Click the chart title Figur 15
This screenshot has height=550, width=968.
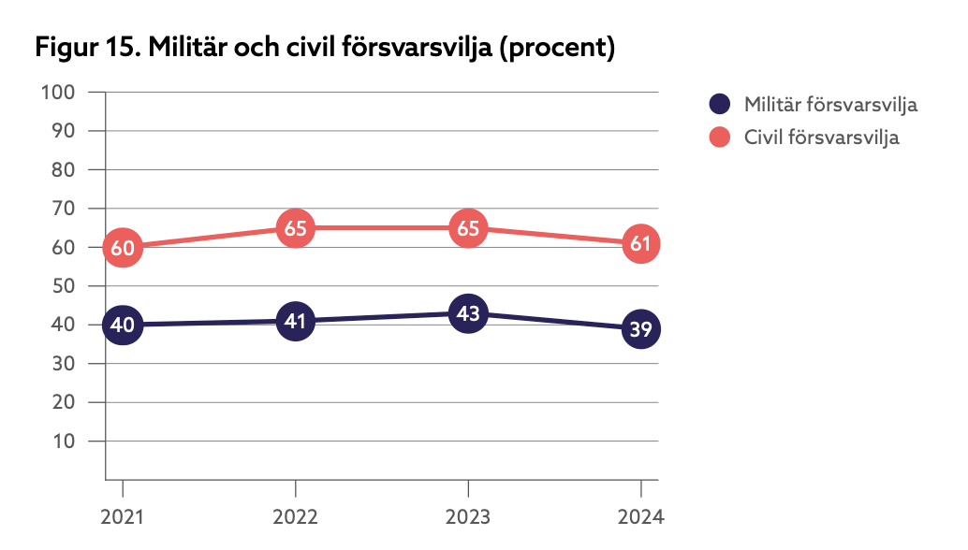click(324, 48)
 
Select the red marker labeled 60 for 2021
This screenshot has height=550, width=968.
click(123, 248)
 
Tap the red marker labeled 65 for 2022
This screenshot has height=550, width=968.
click(295, 228)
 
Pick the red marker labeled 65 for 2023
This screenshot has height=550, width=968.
click(468, 228)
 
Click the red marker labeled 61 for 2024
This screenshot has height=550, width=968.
click(640, 244)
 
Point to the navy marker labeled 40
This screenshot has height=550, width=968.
click(123, 326)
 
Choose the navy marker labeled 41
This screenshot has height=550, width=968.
click(295, 322)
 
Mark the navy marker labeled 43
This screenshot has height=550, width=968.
click(468, 313)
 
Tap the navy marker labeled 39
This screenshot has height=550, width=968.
click(640, 329)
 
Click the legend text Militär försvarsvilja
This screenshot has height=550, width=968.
click(830, 104)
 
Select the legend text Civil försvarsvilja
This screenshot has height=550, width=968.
click(821, 137)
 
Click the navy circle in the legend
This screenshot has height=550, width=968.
click(719, 104)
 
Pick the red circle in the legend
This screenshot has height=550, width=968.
click(719, 137)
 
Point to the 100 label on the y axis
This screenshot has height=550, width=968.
click(58, 93)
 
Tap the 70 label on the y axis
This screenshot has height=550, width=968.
click(63, 209)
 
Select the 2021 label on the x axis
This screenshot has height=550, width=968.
click(123, 517)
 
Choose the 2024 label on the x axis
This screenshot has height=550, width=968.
click(640, 517)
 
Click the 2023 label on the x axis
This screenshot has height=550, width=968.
click(468, 517)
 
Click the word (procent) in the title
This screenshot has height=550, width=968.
click(558, 48)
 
